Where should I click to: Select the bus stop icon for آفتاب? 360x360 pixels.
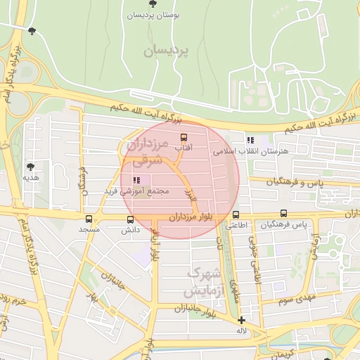click(x=184, y=137)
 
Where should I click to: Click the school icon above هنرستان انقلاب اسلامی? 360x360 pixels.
click(x=250, y=140)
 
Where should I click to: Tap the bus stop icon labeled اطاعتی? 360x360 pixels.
click(x=236, y=215)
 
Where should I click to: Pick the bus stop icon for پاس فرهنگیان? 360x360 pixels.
click(x=283, y=214)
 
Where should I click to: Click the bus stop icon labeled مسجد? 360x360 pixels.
click(x=89, y=219)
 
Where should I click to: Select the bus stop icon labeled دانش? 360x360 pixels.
click(x=130, y=219)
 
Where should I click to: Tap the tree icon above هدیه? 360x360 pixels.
click(x=31, y=167)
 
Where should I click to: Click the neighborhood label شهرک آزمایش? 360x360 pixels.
click(x=205, y=281)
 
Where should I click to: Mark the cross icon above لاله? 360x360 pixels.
click(x=241, y=320)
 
